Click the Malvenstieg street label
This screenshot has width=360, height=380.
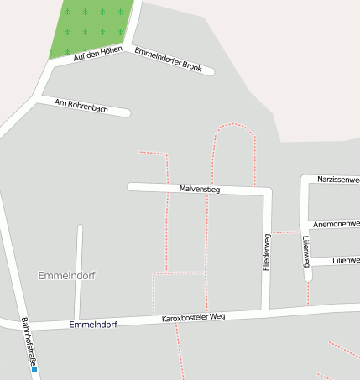(200, 190)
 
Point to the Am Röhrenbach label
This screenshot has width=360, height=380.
(81, 106)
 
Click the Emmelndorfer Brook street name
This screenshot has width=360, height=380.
(168, 59)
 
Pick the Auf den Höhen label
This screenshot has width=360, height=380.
(97, 54)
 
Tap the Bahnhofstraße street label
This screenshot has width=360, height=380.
(29, 343)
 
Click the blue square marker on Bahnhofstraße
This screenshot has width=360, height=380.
(34, 368)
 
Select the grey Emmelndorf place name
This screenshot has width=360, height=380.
(67, 275)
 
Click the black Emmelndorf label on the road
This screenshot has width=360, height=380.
(93, 324)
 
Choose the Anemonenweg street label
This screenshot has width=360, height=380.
(336, 225)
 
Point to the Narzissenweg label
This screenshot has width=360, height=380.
(338, 180)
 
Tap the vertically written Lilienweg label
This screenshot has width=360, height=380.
(306, 251)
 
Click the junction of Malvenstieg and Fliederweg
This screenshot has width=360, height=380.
(267, 193)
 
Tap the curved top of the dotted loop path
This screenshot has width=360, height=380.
(234, 125)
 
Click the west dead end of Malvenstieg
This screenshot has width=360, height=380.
(131, 186)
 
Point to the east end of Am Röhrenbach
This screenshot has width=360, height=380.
(127, 112)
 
